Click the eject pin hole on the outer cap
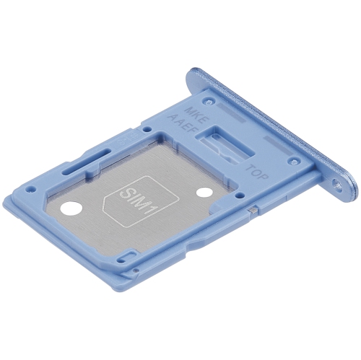point(338,185)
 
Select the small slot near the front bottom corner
point(124,258)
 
